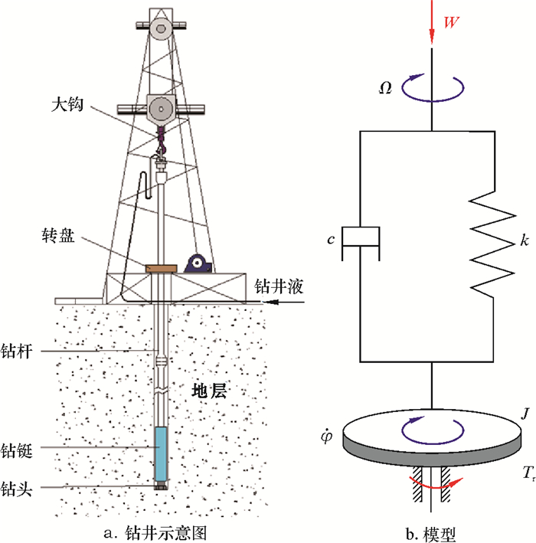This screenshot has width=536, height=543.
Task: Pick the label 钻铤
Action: tap(18, 447)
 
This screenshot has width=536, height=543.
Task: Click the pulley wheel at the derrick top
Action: tap(160, 29)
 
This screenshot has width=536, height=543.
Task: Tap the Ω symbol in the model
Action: tap(387, 87)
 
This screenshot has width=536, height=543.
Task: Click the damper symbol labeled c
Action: tap(359, 237)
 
